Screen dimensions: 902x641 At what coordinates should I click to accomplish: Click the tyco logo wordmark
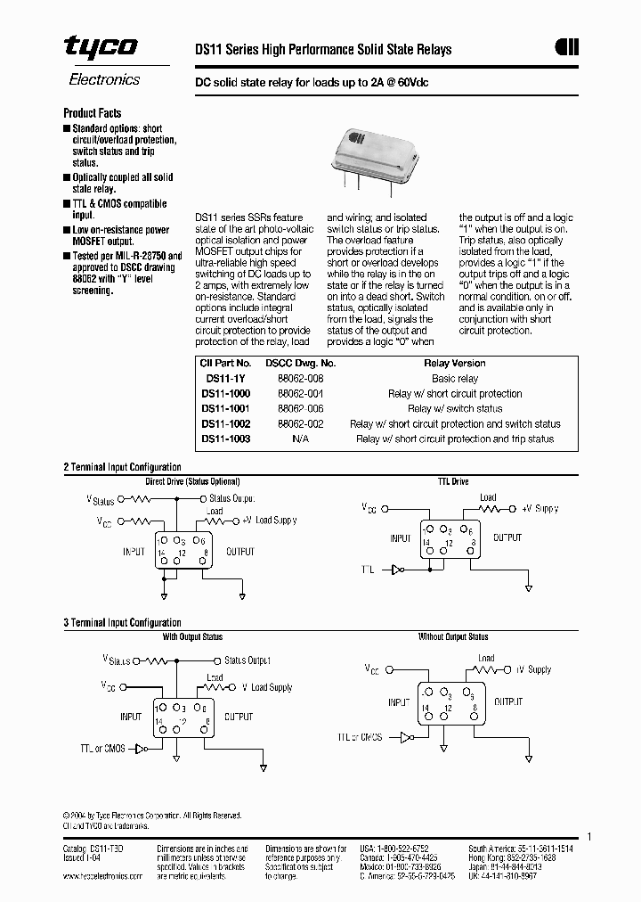(x=101, y=48)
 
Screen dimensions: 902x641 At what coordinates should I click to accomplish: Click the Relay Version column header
(x=455, y=363)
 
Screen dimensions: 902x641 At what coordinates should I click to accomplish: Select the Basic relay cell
(x=455, y=378)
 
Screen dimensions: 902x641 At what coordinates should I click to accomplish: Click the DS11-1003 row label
(x=225, y=439)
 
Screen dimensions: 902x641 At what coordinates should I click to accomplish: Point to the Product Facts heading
(x=92, y=113)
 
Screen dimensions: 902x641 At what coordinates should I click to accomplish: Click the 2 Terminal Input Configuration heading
(x=122, y=467)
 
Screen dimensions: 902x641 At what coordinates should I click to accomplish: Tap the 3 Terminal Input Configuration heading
(x=122, y=623)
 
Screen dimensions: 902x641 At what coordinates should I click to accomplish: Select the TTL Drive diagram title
(x=452, y=481)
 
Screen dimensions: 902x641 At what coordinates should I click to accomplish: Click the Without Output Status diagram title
(x=453, y=637)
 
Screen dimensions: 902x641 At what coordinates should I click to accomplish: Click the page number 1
(x=589, y=836)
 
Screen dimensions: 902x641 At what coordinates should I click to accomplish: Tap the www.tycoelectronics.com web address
(x=102, y=876)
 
